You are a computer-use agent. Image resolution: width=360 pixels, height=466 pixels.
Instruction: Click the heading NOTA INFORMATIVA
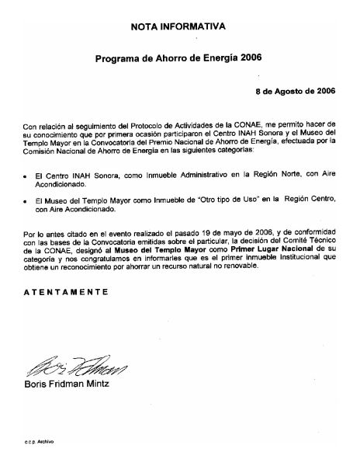pos(179,26)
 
